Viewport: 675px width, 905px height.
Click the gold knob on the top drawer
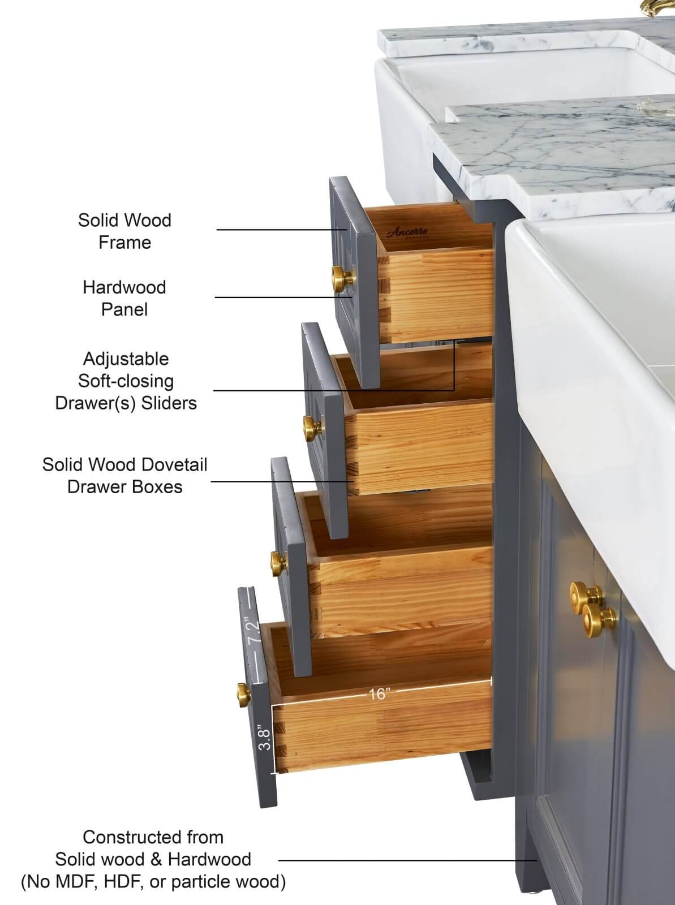click(x=343, y=279)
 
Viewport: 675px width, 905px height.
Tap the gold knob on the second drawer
click(x=313, y=428)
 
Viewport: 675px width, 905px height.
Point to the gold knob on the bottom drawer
click(x=244, y=695)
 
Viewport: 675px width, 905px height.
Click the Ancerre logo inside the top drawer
click(x=407, y=232)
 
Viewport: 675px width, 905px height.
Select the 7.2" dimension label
click(x=252, y=630)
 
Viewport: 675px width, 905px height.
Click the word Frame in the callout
click(x=124, y=243)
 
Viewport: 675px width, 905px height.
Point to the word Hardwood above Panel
click(x=124, y=287)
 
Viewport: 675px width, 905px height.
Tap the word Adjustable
click(x=126, y=359)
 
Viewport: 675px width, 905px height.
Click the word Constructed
click(x=132, y=837)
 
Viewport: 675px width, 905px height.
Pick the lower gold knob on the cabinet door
click(x=599, y=620)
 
